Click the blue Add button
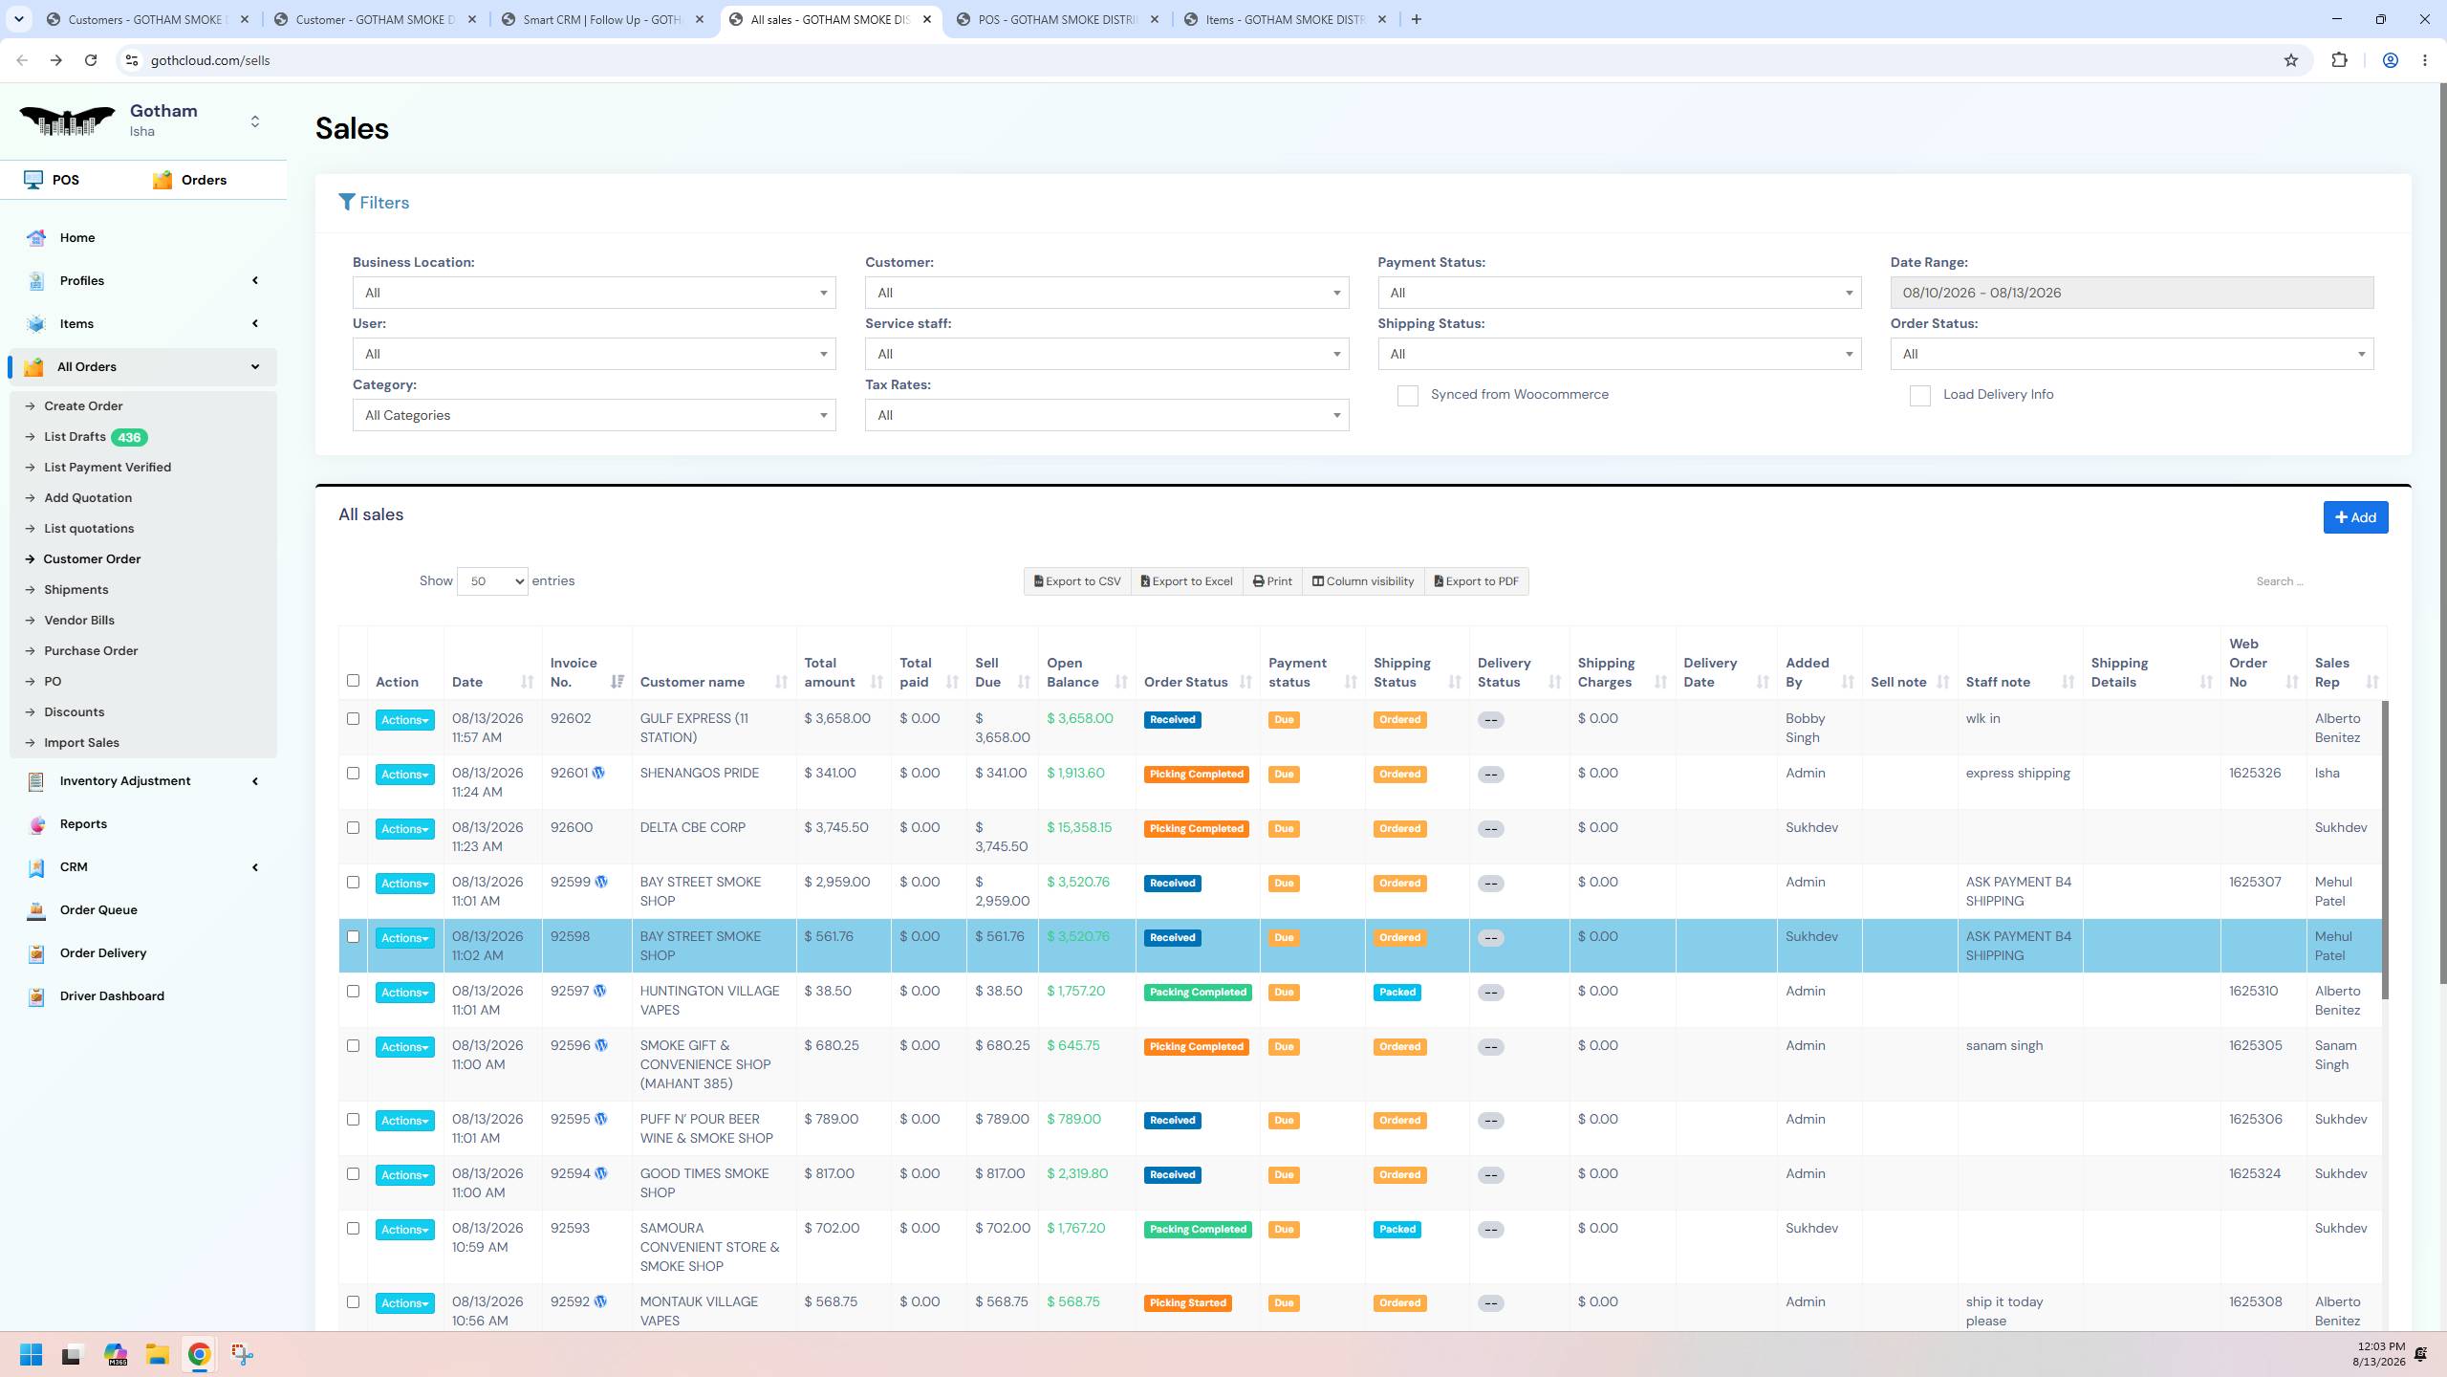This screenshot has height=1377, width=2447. [x=2355, y=517]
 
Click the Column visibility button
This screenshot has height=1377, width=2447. [x=1362, y=581]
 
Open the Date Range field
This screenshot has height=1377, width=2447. [x=2131, y=293]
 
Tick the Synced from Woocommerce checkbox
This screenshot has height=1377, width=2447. [x=1407, y=396]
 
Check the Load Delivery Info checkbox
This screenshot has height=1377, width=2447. [x=1919, y=396]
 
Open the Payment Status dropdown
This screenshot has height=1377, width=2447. [x=1618, y=293]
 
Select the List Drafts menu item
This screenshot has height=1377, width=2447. [x=75, y=437]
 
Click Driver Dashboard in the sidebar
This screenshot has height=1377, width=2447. [x=112, y=995]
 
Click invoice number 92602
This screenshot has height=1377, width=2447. [x=571, y=718]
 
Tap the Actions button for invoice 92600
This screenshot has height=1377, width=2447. [x=404, y=829]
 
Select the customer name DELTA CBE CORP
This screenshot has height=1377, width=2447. [x=693, y=827]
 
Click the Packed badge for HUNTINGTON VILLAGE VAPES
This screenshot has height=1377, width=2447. [x=1397, y=993]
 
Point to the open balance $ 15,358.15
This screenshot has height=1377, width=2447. [x=1079, y=827]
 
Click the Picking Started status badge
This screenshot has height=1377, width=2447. [x=1187, y=1303]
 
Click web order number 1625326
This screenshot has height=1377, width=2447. [x=2255, y=773]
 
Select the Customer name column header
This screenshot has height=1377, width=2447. [x=692, y=682]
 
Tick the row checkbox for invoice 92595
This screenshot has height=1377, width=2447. [x=353, y=1119]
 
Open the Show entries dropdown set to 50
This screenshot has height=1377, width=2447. [x=492, y=581]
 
